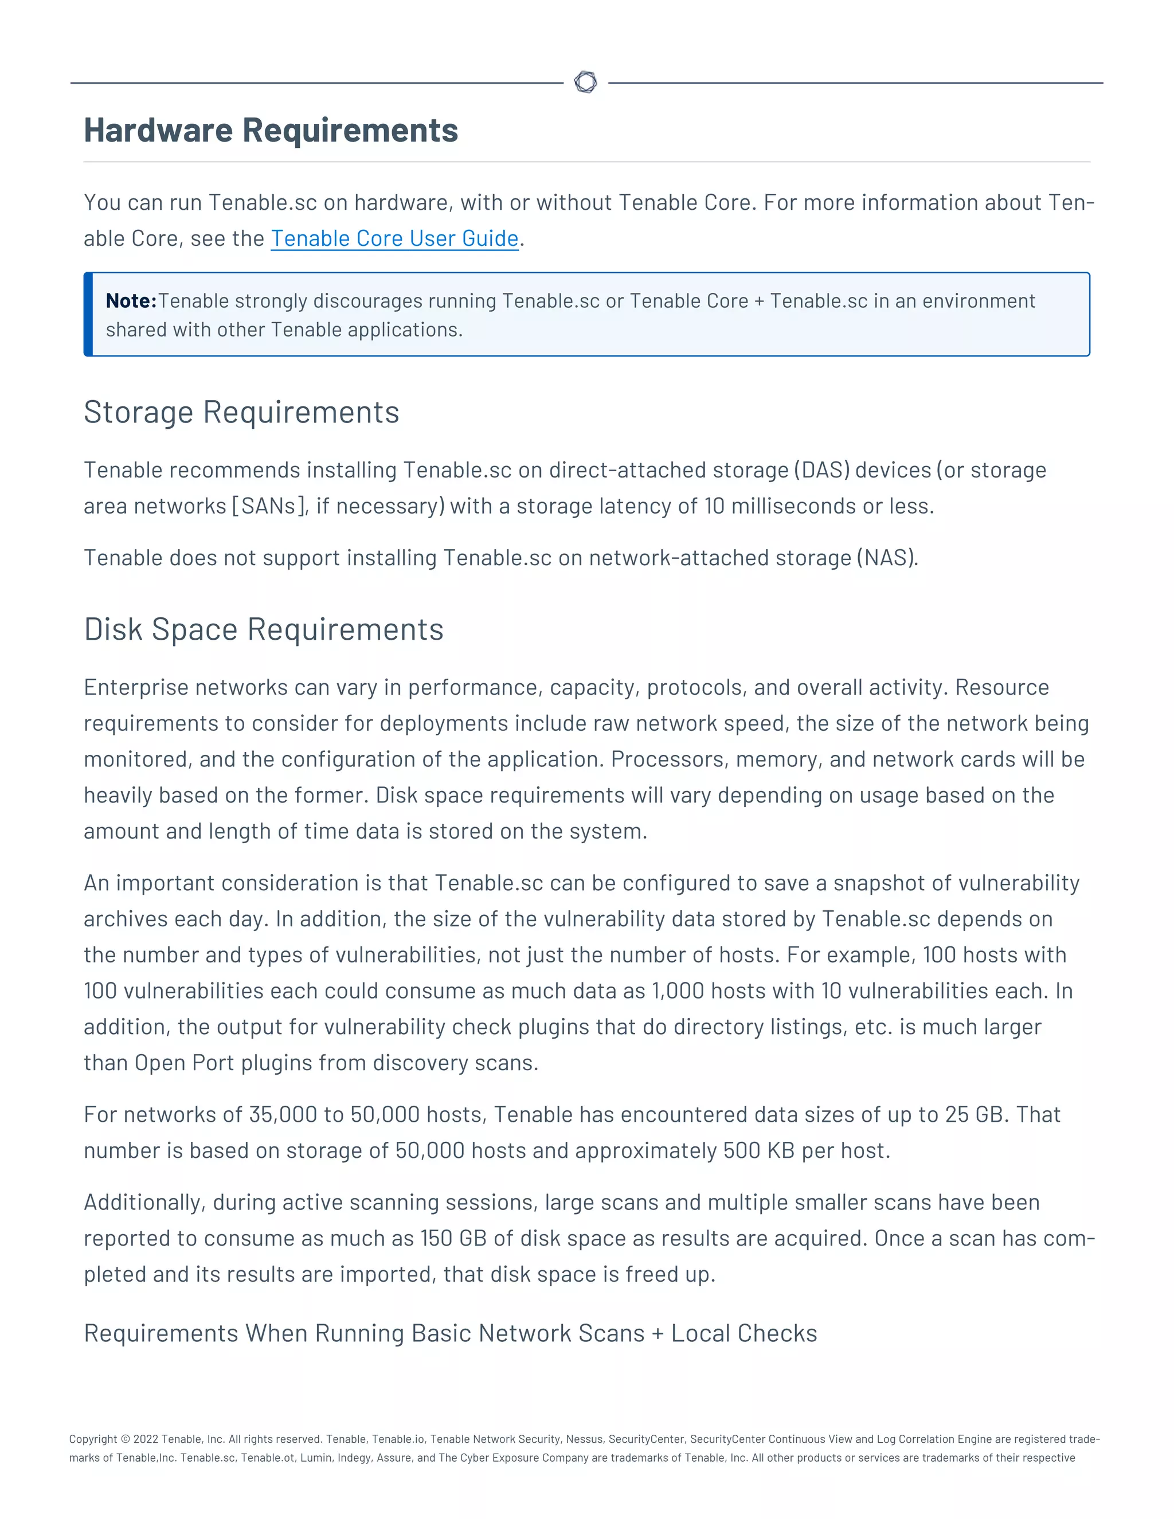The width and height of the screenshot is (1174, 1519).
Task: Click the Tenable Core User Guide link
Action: [394, 238]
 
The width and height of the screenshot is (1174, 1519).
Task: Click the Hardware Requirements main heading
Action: [271, 131]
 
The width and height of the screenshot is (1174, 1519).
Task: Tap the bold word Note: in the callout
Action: [131, 301]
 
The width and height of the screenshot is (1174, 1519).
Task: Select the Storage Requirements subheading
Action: [241, 413]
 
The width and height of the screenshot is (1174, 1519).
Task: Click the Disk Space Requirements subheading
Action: [264, 629]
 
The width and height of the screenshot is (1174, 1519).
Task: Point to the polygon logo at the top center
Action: [586, 82]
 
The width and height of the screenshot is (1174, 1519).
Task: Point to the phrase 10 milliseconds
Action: [780, 506]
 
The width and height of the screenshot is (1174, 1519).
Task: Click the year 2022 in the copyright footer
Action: [146, 1439]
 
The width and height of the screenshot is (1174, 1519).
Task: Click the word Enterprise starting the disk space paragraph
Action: [136, 687]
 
